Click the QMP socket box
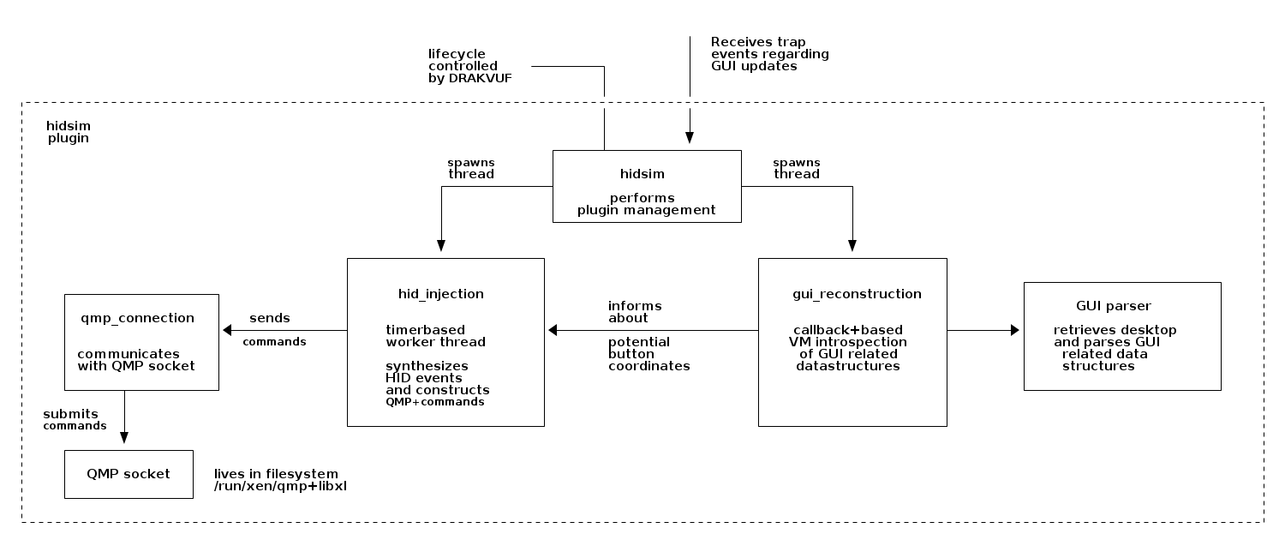tap(128, 474)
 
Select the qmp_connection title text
tap(137, 318)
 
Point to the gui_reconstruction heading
tap(857, 294)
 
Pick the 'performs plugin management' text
tap(646, 204)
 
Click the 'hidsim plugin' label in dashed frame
tap(69, 131)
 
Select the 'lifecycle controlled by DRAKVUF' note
tap(463, 66)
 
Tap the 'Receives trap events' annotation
tap(769, 54)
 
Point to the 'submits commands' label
tap(74, 419)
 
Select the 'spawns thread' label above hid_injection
tap(471, 168)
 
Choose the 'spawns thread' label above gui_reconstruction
tap(796, 168)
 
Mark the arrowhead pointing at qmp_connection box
tap(227, 330)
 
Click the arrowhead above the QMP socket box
tap(125, 437)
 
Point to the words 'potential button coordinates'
tap(648, 354)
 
